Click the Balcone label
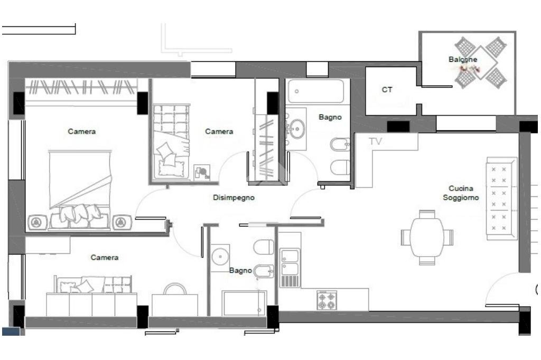pos(463,59)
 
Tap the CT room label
pos(387,90)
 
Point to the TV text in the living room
pos(376,141)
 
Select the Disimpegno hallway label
pos(234,197)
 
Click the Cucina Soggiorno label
pos(461,193)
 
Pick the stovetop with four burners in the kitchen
pos(327,300)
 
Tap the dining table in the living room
pos(427,237)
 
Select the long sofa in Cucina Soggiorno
pos(502,198)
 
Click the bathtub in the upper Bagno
pos(315,91)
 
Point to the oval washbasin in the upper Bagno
pos(296,129)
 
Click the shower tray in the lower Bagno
pos(245,303)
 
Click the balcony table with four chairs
pos(481,62)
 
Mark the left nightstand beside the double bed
pos(36,222)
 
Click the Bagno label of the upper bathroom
pos(330,117)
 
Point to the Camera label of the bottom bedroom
pos(105,258)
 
